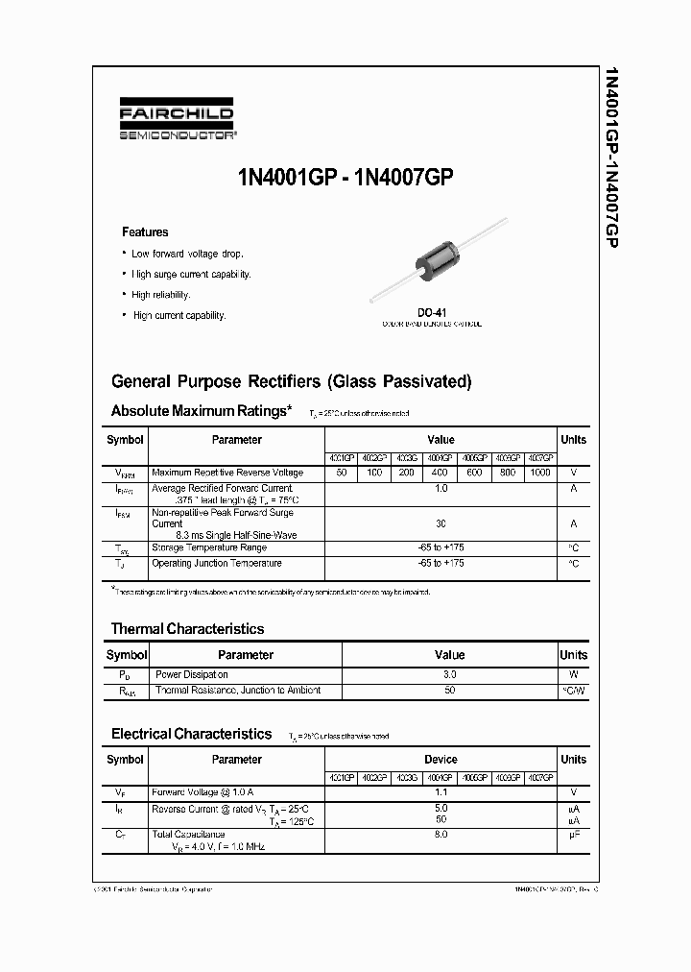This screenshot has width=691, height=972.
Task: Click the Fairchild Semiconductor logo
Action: click(x=176, y=123)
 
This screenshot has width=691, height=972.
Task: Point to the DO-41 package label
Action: click(x=431, y=312)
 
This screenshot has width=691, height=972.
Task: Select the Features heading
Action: click(x=145, y=232)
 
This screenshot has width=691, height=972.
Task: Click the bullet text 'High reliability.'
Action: click(x=161, y=295)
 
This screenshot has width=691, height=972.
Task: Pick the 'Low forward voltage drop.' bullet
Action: click(x=187, y=254)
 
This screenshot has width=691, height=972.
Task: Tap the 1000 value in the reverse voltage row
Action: click(x=540, y=473)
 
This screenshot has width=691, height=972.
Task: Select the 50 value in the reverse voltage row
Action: click(x=341, y=473)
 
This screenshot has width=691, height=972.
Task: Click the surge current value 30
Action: click(x=441, y=523)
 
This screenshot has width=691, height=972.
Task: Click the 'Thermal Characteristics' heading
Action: click(x=187, y=629)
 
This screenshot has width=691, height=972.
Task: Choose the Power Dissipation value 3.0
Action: click(x=450, y=675)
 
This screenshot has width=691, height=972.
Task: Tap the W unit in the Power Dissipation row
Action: click(x=573, y=675)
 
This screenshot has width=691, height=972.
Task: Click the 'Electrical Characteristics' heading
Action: click(x=192, y=734)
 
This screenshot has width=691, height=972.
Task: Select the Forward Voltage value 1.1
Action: click(x=441, y=792)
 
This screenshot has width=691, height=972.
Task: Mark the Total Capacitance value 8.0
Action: click(x=441, y=836)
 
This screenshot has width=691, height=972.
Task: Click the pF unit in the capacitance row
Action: click(x=573, y=836)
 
